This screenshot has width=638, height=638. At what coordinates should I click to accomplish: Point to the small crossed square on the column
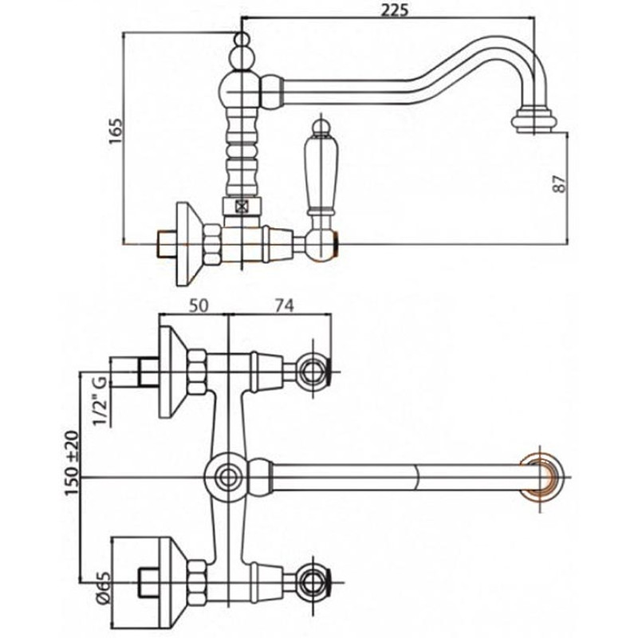coord(241,206)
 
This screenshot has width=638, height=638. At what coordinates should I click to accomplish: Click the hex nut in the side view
coord(213,242)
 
